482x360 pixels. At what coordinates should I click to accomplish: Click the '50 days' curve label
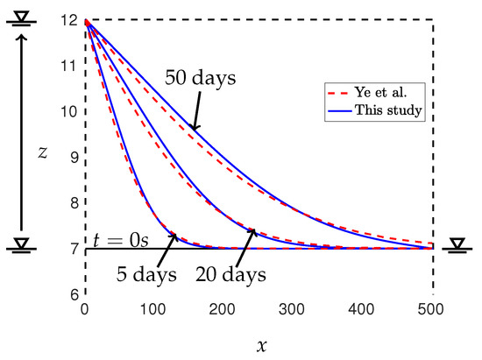(x=201, y=77)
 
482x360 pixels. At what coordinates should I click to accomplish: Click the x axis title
(x=260, y=344)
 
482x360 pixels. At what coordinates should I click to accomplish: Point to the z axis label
(x=42, y=151)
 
